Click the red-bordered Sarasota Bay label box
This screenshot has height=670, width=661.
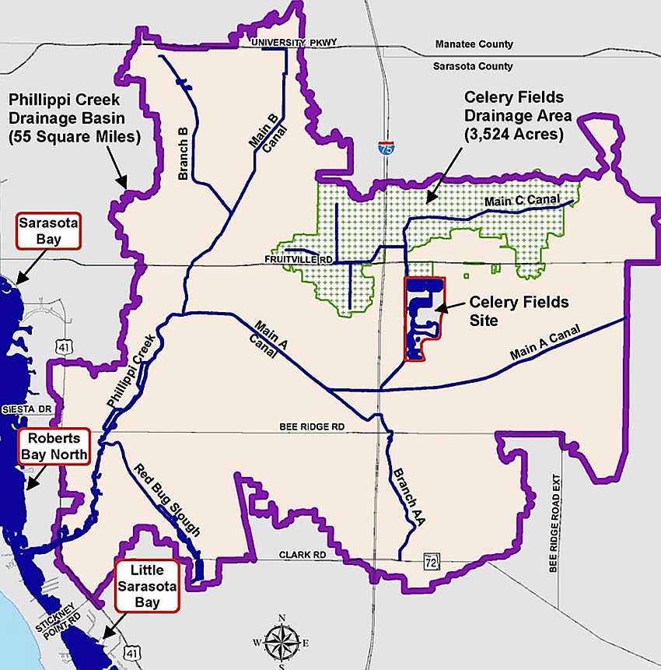(48, 232)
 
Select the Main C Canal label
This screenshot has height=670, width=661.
(522, 200)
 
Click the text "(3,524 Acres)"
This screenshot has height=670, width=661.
(517, 135)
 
